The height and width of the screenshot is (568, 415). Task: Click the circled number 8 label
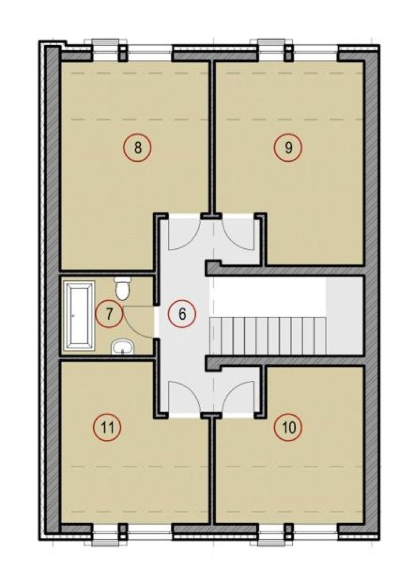(137, 147)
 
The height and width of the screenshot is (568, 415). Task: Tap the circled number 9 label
(288, 147)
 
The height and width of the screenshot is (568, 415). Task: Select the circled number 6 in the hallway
(182, 314)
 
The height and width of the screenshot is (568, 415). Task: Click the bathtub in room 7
(79, 315)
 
